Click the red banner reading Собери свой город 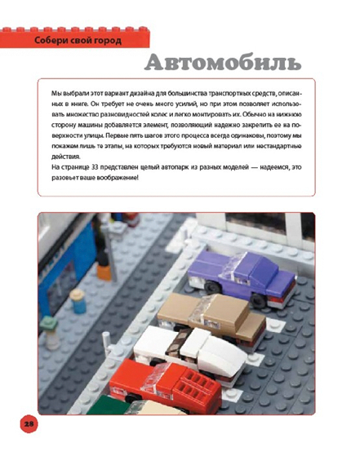[x=73, y=40]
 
